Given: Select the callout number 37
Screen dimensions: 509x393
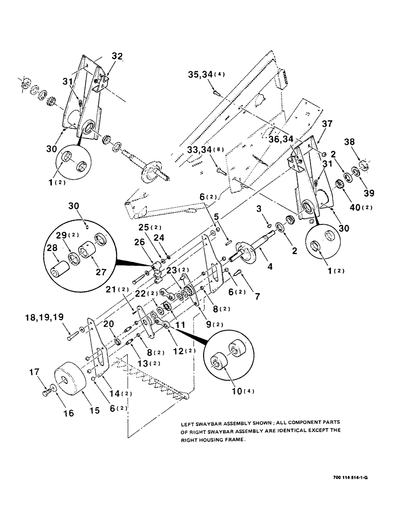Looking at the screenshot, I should pos(326,123).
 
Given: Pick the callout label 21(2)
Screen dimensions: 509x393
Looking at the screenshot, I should pos(119,291).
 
